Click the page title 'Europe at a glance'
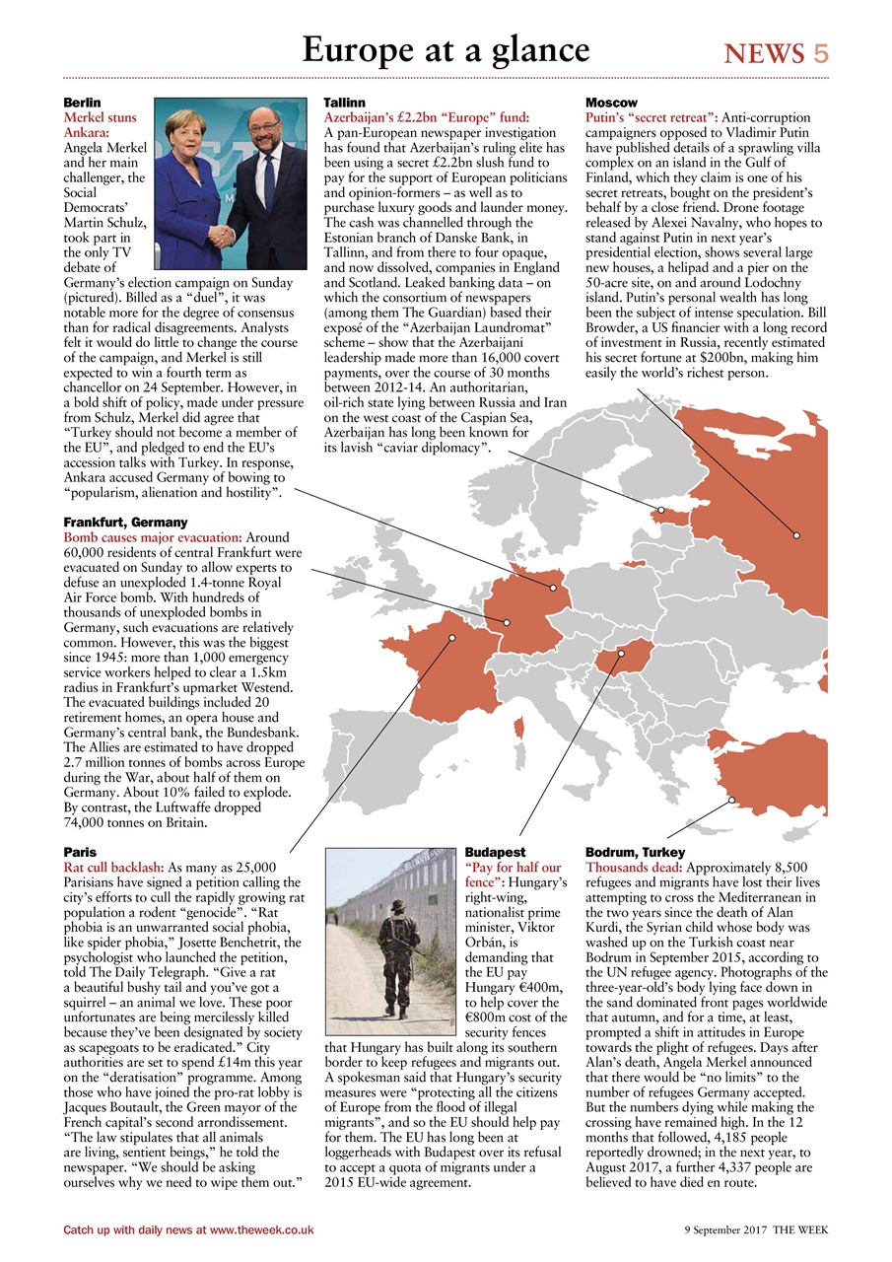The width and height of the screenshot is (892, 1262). coord(446,49)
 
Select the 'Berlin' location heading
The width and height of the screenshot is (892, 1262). coord(82,103)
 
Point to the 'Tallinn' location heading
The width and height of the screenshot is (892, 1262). coord(345,103)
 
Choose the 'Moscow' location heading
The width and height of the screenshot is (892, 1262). coord(611,103)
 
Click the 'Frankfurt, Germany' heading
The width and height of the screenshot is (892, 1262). coord(125,522)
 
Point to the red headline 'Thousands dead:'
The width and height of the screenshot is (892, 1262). coord(634,867)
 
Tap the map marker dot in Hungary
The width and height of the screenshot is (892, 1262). coord(622,652)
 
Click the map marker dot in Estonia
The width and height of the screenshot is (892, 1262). coord(661,510)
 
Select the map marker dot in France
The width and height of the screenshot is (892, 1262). coord(452,638)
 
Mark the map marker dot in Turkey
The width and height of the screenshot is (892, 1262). coord(732,800)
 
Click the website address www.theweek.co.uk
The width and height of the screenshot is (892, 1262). coord(261,1229)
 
